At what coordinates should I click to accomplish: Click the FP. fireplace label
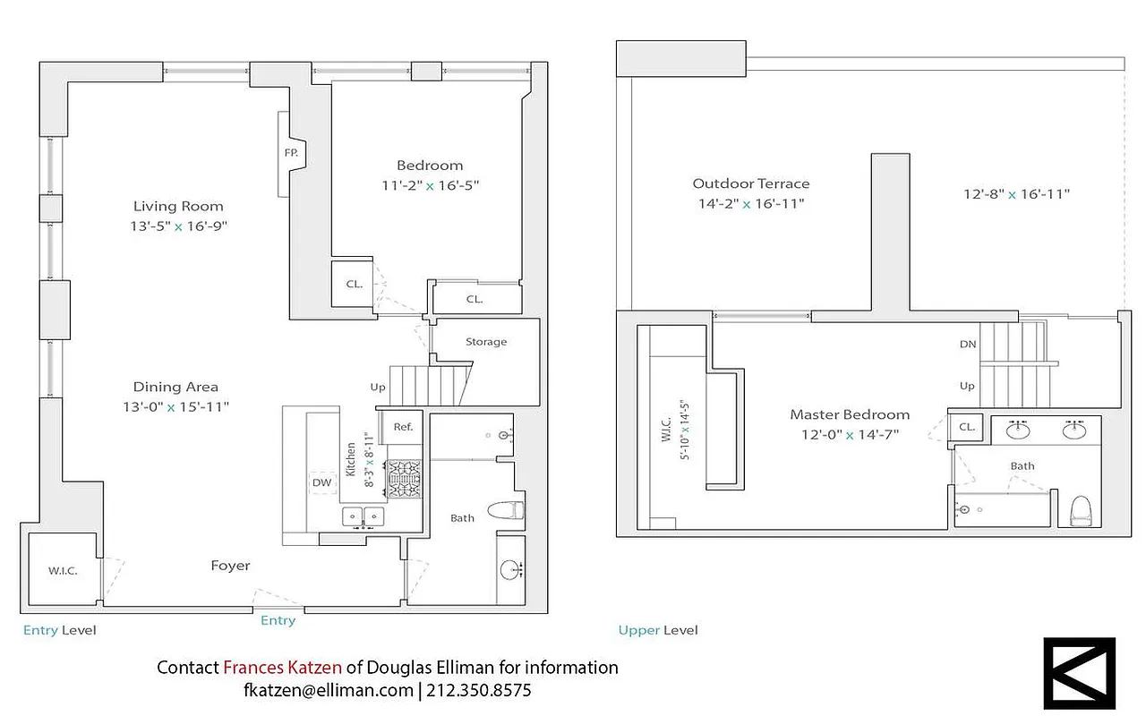291,153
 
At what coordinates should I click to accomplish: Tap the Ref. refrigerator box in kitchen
403,427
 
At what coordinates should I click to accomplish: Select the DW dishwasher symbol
322,483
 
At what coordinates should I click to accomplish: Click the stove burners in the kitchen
404,479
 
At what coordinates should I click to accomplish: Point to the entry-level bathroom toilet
504,511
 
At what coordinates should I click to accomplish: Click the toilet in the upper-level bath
1082,511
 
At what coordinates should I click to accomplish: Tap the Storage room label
486,342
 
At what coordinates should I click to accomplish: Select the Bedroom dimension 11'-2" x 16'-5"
430,185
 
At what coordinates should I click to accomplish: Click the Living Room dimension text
178,226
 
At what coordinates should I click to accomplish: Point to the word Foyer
230,566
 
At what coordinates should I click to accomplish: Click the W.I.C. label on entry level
62,571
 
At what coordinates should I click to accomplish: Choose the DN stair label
967,345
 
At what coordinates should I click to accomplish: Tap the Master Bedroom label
850,414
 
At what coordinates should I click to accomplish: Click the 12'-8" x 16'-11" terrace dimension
1016,194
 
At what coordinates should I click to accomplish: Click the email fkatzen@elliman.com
328,691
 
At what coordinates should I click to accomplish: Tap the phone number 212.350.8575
479,691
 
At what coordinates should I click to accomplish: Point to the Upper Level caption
658,630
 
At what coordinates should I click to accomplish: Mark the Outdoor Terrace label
750,183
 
